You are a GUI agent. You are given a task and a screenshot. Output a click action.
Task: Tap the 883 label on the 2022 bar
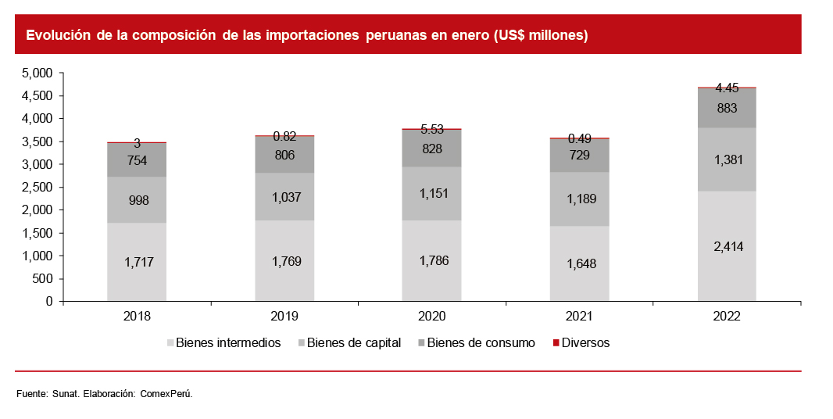(x=727, y=108)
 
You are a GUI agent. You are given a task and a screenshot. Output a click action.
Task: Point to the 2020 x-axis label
(x=431, y=317)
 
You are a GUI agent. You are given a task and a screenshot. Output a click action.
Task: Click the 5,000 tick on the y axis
(x=37, y=73)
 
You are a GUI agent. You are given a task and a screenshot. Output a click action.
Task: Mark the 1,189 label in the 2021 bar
(x=579, y=199)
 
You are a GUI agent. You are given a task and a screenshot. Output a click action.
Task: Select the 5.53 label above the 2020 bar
(x=431, y=129)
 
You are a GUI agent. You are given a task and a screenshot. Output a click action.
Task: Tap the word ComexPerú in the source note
(x=166, y=393)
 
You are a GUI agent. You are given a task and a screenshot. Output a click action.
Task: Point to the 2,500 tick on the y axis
(x=37, y=188)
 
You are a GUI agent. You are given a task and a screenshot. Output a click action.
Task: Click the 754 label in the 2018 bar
(x=137, y=160)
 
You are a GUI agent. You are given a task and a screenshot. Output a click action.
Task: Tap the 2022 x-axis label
(x=727, y=317)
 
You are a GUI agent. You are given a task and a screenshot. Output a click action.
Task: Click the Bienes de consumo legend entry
(x=481, y=342)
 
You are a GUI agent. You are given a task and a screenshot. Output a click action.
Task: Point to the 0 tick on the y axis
(x=48, y=302)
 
